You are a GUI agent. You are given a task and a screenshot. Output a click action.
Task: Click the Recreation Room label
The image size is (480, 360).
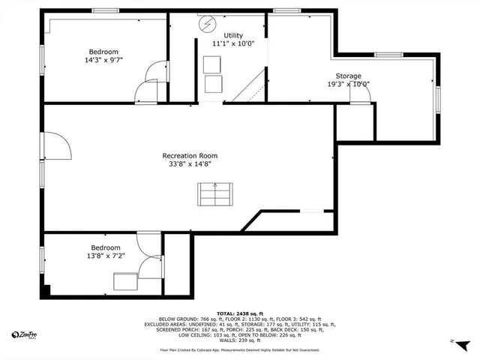[190, 155]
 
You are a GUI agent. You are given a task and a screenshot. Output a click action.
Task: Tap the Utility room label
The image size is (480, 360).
[233, 35]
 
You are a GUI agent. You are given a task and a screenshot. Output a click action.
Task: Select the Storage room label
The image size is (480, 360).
[348, 76]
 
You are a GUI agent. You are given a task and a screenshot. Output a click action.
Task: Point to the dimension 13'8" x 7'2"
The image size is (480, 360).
[105, 256]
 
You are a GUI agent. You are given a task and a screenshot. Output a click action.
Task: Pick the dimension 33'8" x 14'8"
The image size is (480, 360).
[190, 163]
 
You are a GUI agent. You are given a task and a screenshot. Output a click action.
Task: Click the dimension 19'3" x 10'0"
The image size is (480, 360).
[349, 84]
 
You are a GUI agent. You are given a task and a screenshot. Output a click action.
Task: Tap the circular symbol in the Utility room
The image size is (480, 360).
[206, 25]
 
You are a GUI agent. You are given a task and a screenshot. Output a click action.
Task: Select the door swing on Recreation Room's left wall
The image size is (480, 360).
[54, 143]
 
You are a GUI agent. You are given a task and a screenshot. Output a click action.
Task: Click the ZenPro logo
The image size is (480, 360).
[25, 334]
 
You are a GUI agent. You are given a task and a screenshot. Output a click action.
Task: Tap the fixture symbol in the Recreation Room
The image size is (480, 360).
[214, 195]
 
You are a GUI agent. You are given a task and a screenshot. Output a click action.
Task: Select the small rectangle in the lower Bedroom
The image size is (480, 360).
[124, 281]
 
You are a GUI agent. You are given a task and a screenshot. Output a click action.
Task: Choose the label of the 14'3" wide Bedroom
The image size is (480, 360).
[103, 52]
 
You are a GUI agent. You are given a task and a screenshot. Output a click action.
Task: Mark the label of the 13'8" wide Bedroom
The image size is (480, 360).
[105, 247]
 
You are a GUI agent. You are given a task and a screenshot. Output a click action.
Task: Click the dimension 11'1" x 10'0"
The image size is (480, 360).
[233, 43]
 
